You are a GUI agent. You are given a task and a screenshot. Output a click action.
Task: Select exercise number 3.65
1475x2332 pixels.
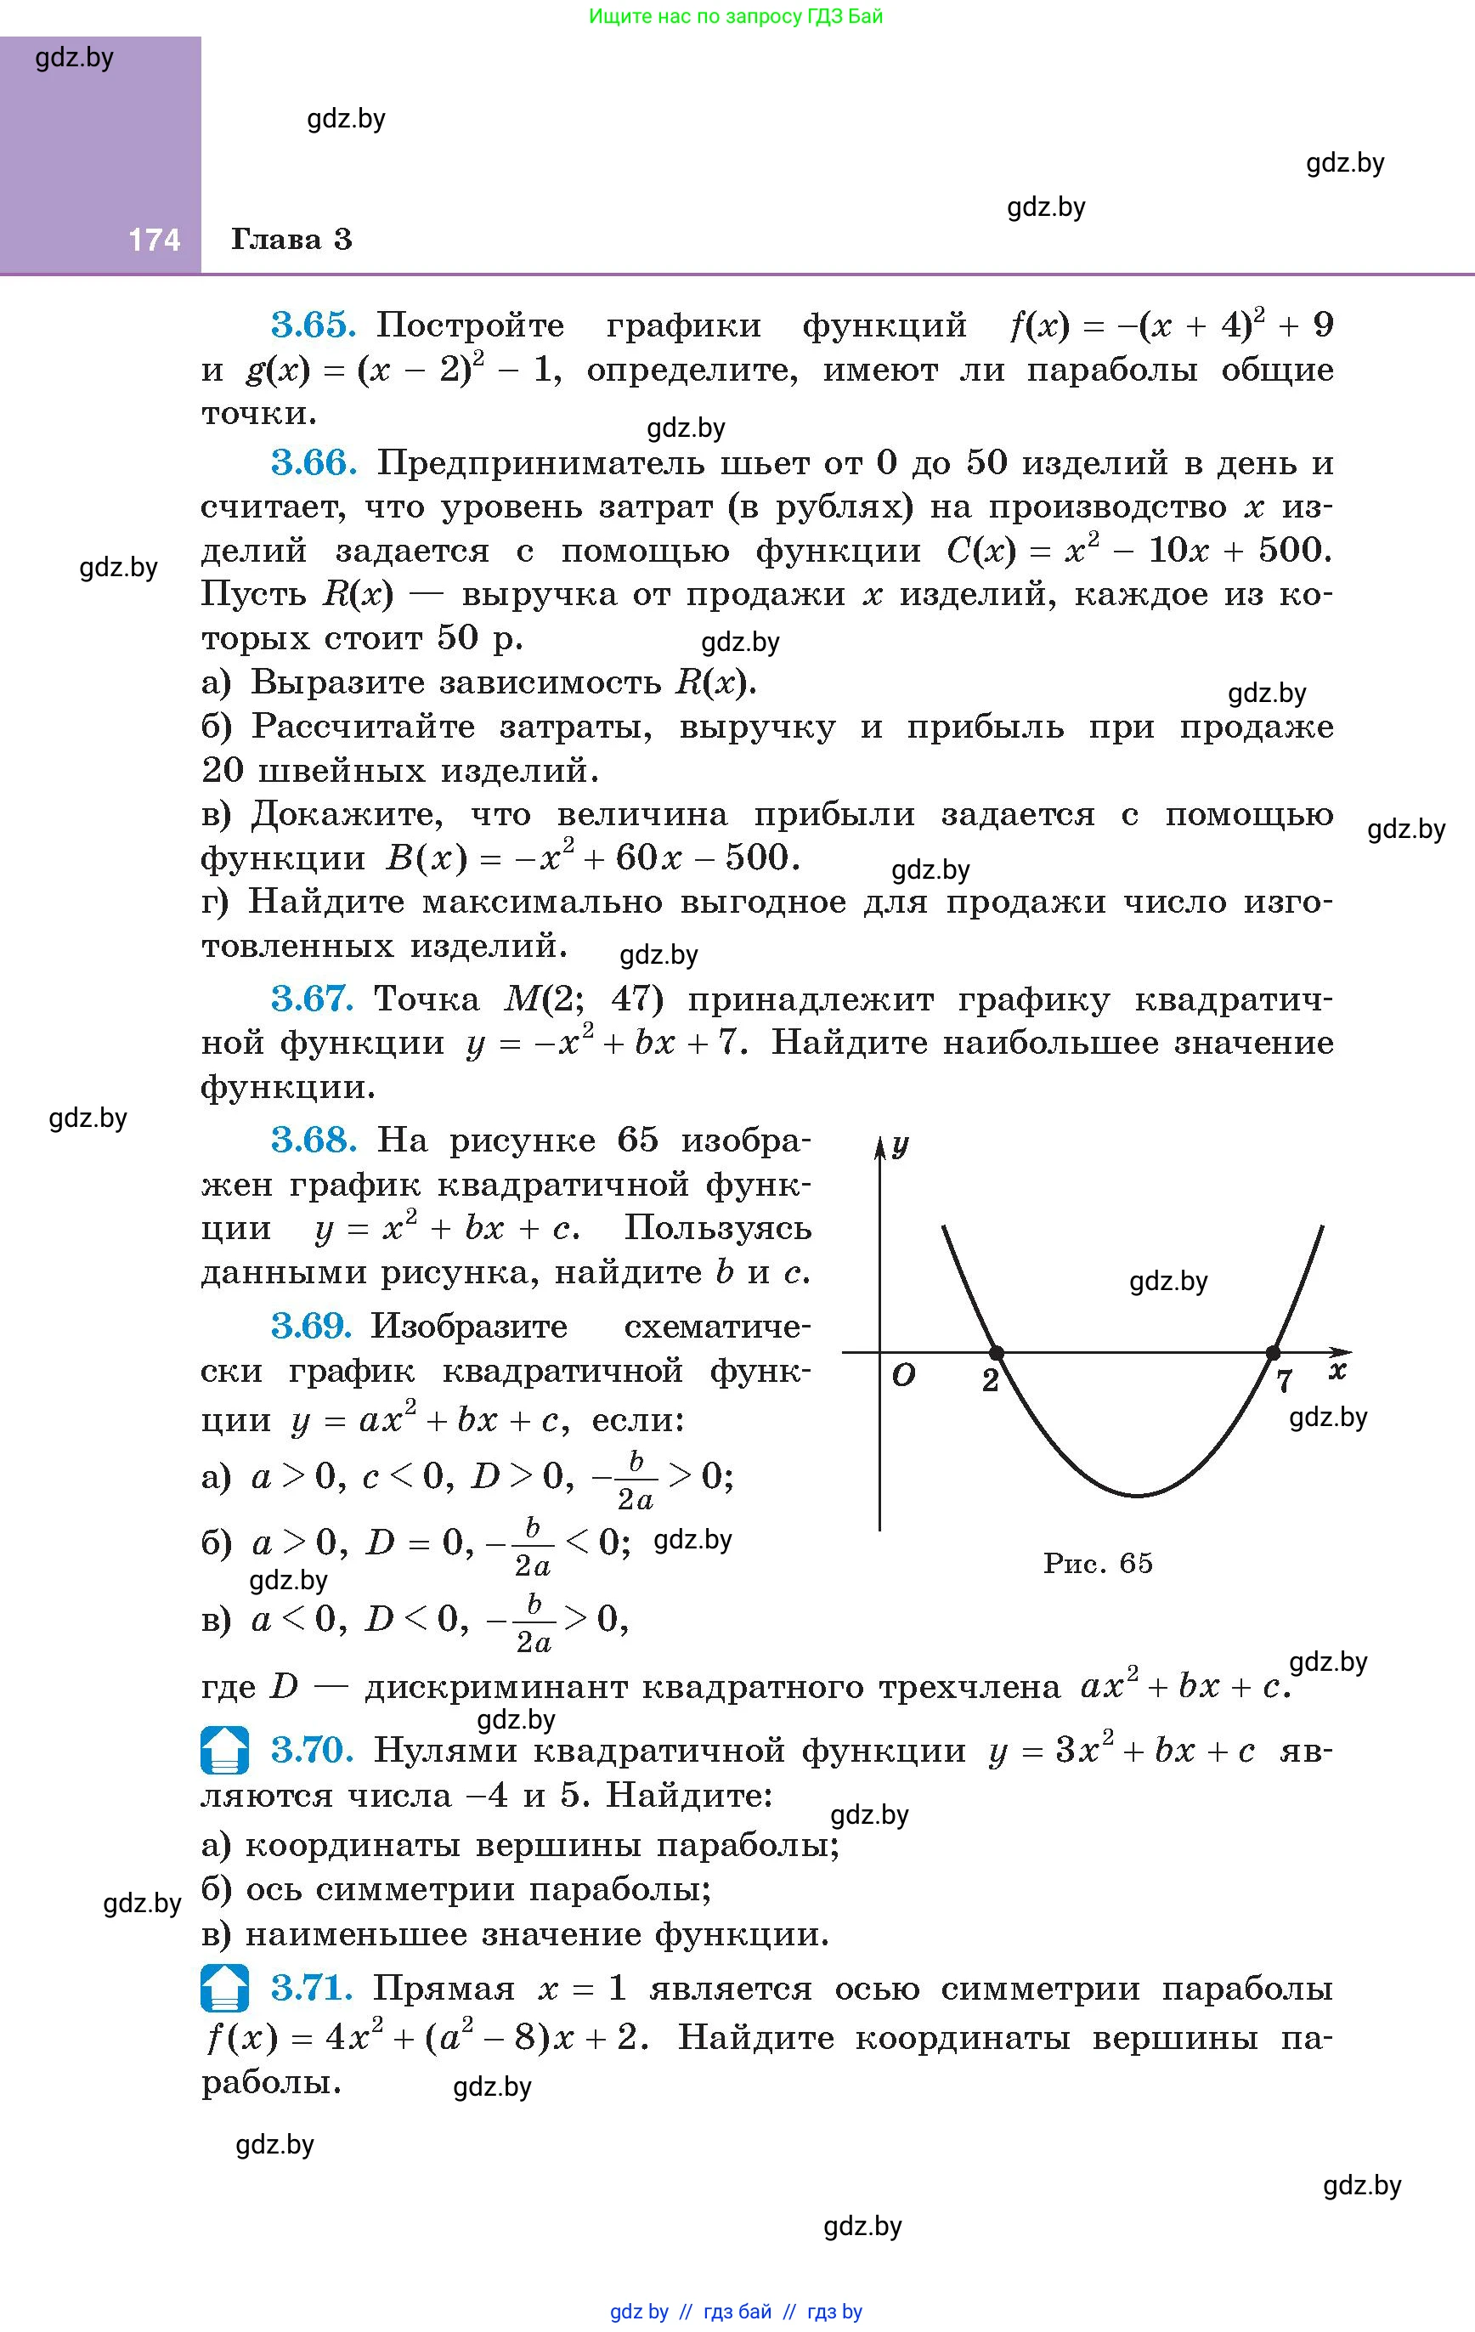313,325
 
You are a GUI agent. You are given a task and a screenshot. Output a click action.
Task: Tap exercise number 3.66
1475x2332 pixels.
314,464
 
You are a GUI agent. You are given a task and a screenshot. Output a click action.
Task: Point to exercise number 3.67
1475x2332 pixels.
312,999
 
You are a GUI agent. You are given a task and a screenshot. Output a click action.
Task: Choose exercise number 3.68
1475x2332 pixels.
314,1140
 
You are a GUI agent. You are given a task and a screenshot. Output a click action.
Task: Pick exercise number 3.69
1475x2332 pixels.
311,1326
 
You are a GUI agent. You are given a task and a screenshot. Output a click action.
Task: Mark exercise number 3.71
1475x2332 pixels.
311,1988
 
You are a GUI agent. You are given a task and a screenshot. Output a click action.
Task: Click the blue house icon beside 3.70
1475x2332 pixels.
224,1750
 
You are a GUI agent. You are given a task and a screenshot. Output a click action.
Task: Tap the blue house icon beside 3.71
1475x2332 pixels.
224,1988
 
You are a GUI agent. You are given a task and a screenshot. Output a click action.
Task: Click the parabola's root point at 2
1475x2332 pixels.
996,1352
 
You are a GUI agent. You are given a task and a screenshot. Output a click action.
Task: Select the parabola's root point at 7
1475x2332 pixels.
1273,1352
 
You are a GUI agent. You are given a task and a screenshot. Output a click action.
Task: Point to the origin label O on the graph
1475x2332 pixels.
902,1375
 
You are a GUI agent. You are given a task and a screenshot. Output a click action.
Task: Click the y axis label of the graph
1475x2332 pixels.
901,1146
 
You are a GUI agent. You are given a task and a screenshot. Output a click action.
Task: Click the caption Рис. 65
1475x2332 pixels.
1097,1563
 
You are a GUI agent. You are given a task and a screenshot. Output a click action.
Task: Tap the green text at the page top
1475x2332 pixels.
736,16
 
